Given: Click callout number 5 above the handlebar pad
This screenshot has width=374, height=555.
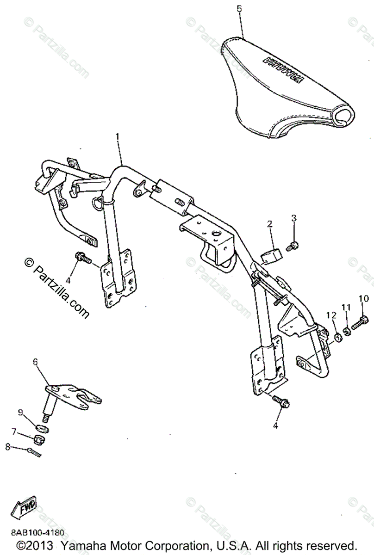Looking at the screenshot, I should (238, 9).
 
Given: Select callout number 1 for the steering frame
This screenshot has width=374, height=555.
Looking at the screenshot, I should (117, 137).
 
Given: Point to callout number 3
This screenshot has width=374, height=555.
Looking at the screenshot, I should (293, 218).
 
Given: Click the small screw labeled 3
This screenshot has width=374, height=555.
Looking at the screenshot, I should (293, 247).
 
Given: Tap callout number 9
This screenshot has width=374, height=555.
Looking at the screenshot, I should (33, 412).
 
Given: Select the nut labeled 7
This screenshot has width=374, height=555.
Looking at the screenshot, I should (40, 438).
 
